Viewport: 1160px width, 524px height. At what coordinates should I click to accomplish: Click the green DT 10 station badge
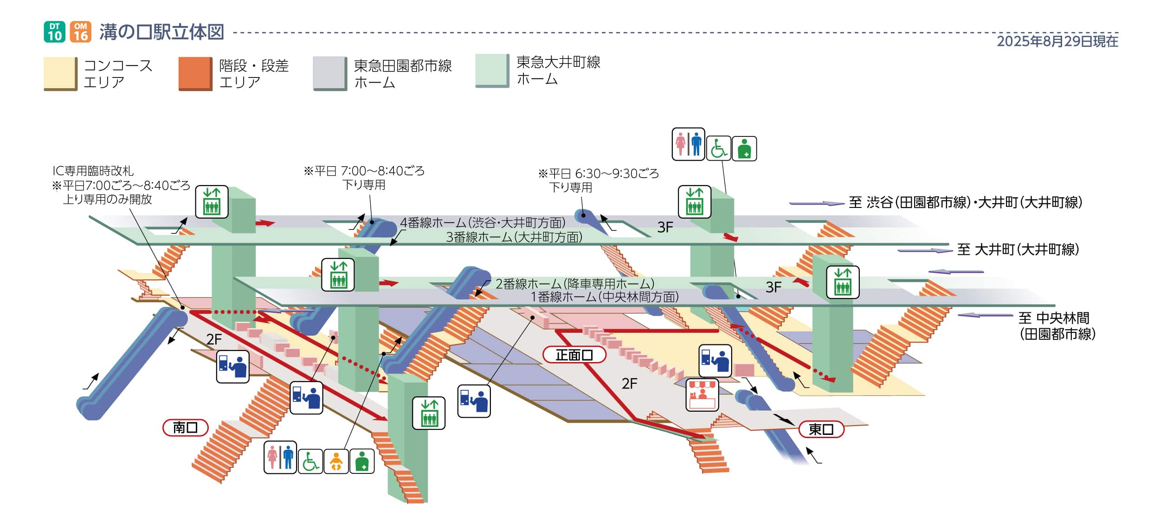point(54,32)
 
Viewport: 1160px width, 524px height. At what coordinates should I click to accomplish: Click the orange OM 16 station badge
point(81,32)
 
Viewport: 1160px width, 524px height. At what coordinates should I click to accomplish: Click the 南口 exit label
point(185,427)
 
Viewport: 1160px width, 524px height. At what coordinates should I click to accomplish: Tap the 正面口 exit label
point(574,355)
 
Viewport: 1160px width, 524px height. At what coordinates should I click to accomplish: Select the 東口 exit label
point(820,429)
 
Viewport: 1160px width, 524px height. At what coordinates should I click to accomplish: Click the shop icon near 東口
point(702,395)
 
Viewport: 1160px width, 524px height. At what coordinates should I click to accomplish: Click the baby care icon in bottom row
point(336,461)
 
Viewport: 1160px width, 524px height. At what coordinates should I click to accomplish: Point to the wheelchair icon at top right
point(718,148)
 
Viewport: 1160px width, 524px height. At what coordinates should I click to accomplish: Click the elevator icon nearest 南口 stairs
point(428,413)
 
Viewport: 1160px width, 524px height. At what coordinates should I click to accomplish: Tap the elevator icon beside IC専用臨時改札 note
point(212,201)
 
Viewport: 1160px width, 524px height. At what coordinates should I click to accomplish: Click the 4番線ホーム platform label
point(483,223)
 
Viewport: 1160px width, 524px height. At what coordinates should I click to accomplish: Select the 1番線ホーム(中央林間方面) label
point(604,297)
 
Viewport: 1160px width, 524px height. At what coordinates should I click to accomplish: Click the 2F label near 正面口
point(629,383)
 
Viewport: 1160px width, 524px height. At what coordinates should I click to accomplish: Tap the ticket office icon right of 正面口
point(715,360)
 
